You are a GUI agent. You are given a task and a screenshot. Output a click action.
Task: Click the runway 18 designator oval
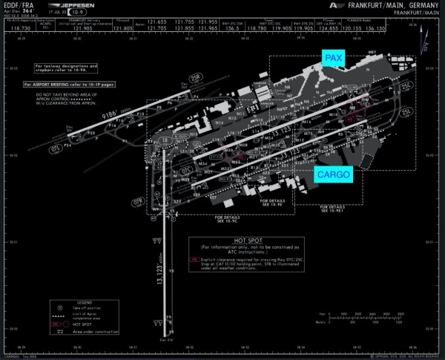165,140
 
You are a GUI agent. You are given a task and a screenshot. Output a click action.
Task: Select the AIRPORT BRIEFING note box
73,85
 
